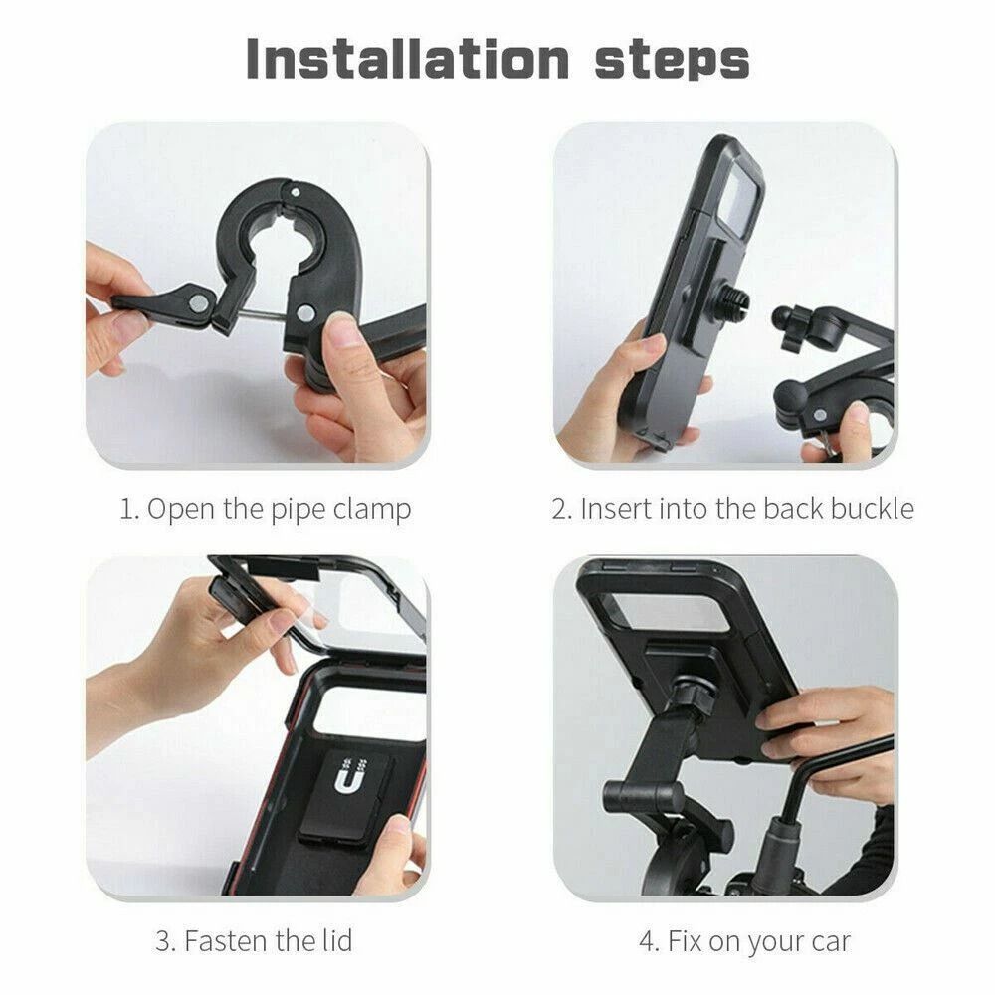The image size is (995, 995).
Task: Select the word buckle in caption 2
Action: (x=864, y=509)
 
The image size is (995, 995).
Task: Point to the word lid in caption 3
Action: (x=335, y=940)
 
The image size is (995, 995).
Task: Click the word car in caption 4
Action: (x=830, y=940)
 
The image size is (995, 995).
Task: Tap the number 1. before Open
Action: (x=129, y=509)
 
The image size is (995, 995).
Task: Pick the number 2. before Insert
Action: (x=562, y=509)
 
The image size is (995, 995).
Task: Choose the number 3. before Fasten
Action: (x=166, y=940)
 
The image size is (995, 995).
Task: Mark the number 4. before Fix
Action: (x=649, y=940)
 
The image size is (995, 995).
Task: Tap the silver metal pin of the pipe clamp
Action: (x=255, y=315)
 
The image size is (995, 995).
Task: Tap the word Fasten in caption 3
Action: (x=221, y=940)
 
